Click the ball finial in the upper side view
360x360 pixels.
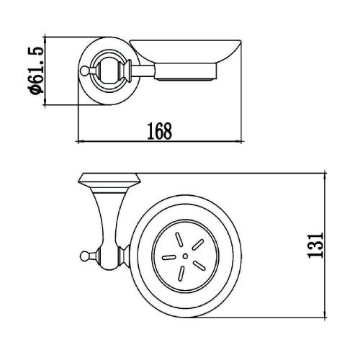(x=86, y=71)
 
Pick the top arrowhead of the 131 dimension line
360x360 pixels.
(x=326, y=176)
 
